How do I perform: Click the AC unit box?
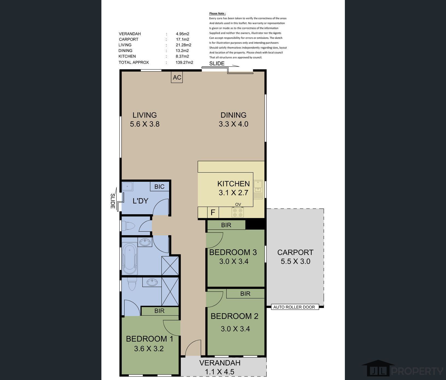pyautogui.click(x=177, y=77)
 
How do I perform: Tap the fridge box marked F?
pyautogui.click(x=213, y=212)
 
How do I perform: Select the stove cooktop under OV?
pyautogui.click(x=237, y=212)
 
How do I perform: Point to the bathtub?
pyautogui.click(x=130, y=259)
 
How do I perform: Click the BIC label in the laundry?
pyautogui.click(x=159, y=186)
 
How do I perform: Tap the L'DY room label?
pyautogui.click(x=140, y=201)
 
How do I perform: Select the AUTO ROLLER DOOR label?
pyautogui.click(x=294, y=307)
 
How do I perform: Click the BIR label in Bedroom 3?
pyautogui.click(x=226, y=225)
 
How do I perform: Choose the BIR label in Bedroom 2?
pyautogui.click(x=245, y=293)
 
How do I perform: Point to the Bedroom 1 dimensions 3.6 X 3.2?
pyautogui.click(x=149, y=349)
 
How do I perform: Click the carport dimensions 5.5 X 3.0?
pyautogui.click(x=295, y=261)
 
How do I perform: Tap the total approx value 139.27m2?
pyautogui.click(x=184, y=62)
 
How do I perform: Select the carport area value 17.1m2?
pyautogui.click(x=183, y=39)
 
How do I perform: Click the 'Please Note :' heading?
pyautogui.click(x=218, y=13)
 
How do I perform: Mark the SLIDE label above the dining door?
pyautogui.click(x=217, y=63)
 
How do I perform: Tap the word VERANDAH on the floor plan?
pyautogui.click(x=220, y=363)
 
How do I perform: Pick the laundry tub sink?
pyautogui.click(x=127, y=186)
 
